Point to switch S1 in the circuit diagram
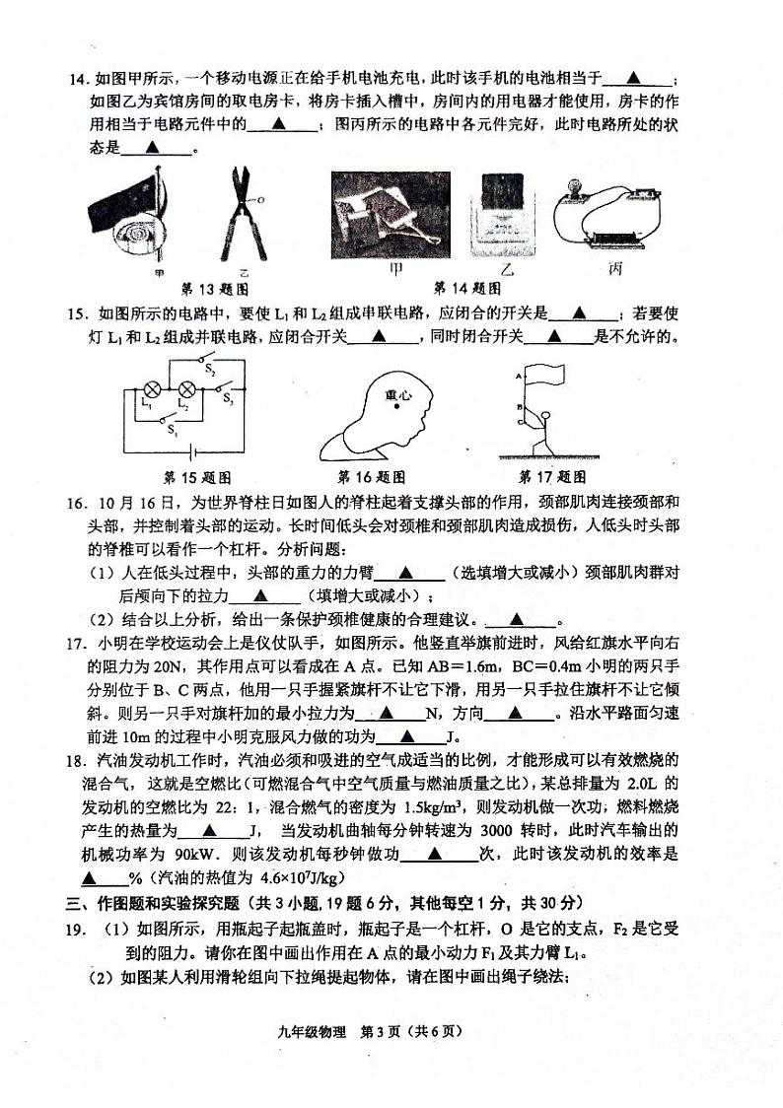pyautogui.click(x=172, y=421)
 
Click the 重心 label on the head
pyautogui.click(x=397, y=395)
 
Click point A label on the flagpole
pyautogui.click(x=517, y=377)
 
